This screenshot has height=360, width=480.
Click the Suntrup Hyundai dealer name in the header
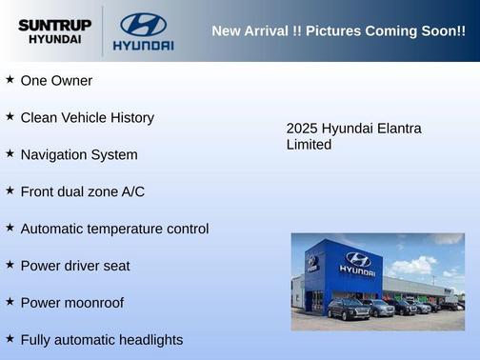[55, 31]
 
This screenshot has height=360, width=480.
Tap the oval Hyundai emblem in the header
[143, 24]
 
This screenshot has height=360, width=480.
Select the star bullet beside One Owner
[10, 80]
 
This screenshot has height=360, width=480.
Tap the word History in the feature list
[129, 118]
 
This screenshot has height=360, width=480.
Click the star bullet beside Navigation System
[10, 153]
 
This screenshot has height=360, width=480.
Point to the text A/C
[132, 191]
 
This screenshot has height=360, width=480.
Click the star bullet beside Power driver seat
[10, 264]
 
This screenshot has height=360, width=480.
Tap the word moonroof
[94, 303]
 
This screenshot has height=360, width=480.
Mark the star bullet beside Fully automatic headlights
[10, 338]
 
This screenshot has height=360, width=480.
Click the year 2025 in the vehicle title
[302, 129]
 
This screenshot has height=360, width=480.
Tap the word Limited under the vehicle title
[309, 145]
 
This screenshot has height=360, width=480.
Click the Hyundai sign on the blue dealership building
[357, 263]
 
